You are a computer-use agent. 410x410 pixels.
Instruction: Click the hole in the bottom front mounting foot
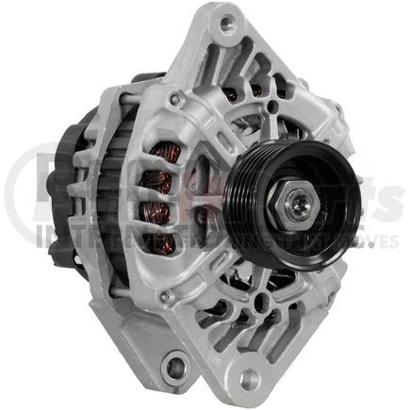point(250,379)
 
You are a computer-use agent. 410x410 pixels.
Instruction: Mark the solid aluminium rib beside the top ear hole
point(247,42)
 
